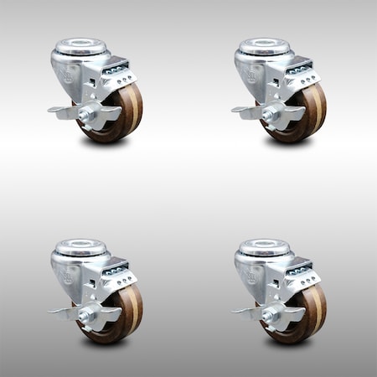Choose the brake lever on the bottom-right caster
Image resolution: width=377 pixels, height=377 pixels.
point(245,310)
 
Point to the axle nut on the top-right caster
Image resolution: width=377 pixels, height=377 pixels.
point(269,113)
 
